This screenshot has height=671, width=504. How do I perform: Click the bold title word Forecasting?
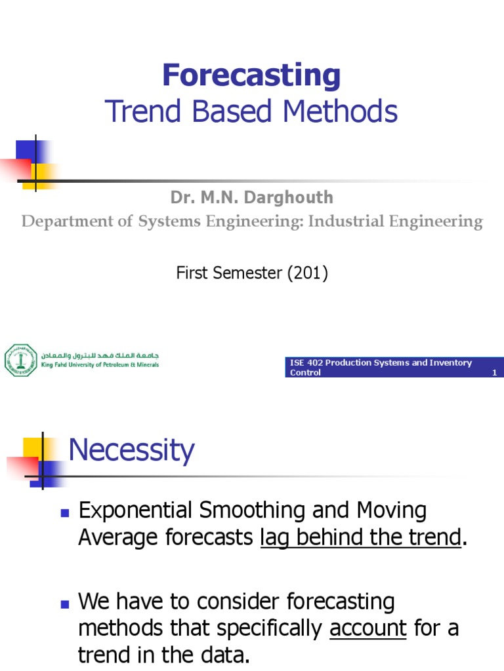click(251, 75)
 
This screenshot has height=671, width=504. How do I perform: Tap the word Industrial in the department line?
click(350, 221)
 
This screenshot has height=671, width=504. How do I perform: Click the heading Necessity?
click(131, 451)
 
